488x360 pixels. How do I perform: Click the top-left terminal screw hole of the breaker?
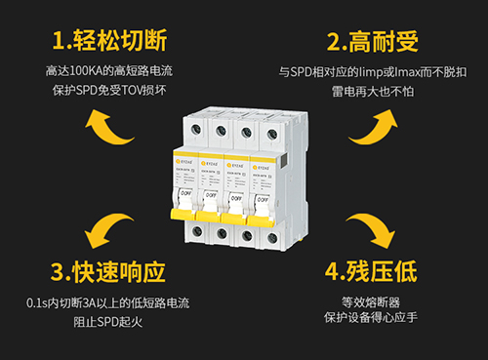pos(198,130)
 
